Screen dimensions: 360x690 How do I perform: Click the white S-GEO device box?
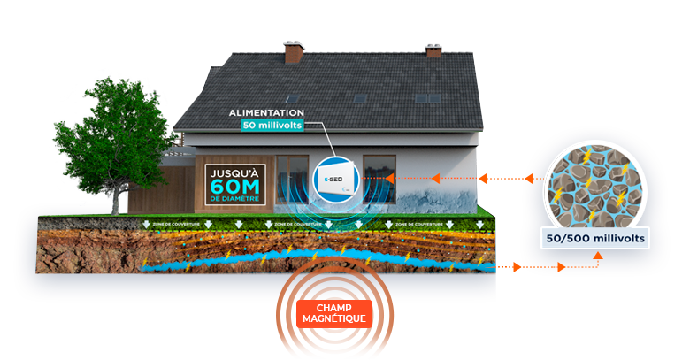(x=338, y=180)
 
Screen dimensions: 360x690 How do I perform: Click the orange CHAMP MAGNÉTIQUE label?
(x=333, y=312)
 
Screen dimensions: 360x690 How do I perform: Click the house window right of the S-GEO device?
(x=380, y=177)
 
